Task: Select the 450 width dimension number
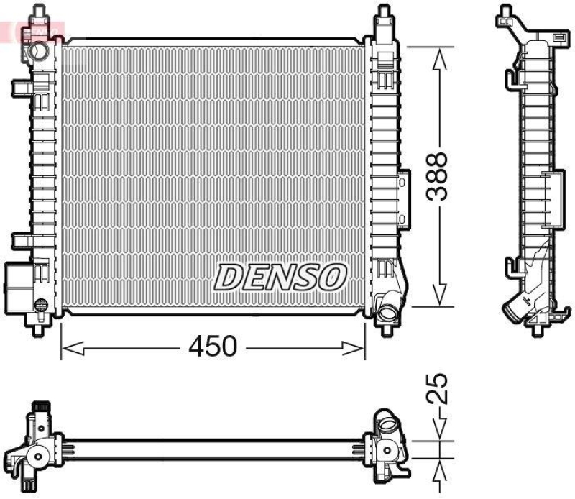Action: coord(212,347)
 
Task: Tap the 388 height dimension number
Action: coord(438,177)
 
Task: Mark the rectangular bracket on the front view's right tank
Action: coord(404,198)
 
